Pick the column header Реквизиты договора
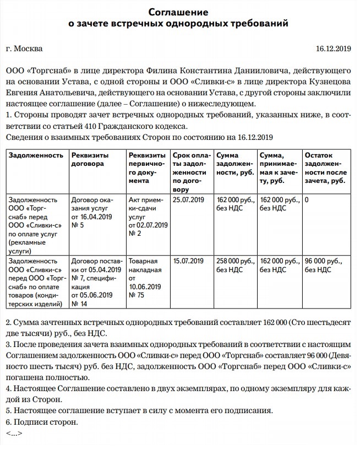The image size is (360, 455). pyautogui.click(x=90, y=160)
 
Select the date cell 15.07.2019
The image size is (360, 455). pyautogui.click(x=188, y=261)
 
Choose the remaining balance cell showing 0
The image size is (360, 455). pyautogui.click(x=307, y=199)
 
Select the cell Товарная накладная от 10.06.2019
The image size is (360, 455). pyautogui.click(x=145, y=278)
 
